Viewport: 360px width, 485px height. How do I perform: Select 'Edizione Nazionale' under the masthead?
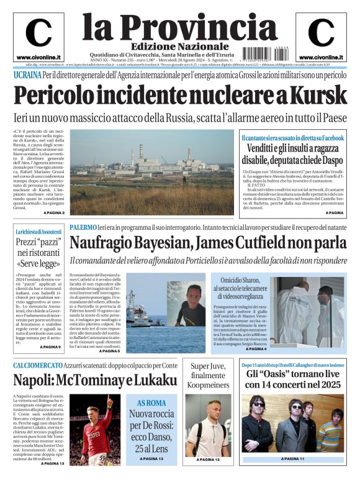coord(171,47)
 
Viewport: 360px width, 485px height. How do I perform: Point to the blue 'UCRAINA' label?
coord(27,75)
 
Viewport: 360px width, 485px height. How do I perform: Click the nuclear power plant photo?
coord(156,172)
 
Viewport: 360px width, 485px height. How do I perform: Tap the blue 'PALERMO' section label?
coord(83,227)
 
